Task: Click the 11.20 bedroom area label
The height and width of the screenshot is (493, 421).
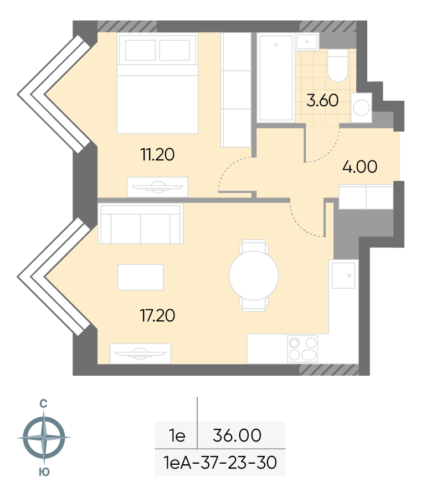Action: click(157, 155)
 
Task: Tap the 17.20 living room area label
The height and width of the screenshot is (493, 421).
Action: click(157, 316)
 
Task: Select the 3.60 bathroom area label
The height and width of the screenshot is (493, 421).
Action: click(322, 101)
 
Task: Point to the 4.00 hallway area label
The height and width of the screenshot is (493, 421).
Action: click(360, 167)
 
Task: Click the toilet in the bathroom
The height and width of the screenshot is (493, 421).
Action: click(337, 65)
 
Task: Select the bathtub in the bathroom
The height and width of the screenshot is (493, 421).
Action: click(276, 77)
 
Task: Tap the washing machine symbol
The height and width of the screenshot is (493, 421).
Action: click(361, 108)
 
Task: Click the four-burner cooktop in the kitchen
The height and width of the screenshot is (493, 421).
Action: click(302, 349)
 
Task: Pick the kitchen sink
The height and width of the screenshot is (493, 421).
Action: click(343, 276)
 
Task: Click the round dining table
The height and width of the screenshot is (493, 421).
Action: click(254, 276)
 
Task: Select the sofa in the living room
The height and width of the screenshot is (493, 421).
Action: click(141, 224)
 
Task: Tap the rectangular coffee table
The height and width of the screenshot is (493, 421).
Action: click(141, 277)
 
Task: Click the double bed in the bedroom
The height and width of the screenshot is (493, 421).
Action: click(157, 84)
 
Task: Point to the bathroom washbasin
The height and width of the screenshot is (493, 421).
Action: click(307, 41)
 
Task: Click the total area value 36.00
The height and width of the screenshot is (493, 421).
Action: click(237, 435)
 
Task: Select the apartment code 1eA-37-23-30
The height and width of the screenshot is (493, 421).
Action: click(220, 463)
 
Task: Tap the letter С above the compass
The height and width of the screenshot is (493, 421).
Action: click(43, 404)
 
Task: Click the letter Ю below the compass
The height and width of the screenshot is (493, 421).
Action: click(44, 472)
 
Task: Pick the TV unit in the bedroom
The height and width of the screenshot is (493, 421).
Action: click(157, 187)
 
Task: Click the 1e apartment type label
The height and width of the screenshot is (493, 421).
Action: click(177, 435)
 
